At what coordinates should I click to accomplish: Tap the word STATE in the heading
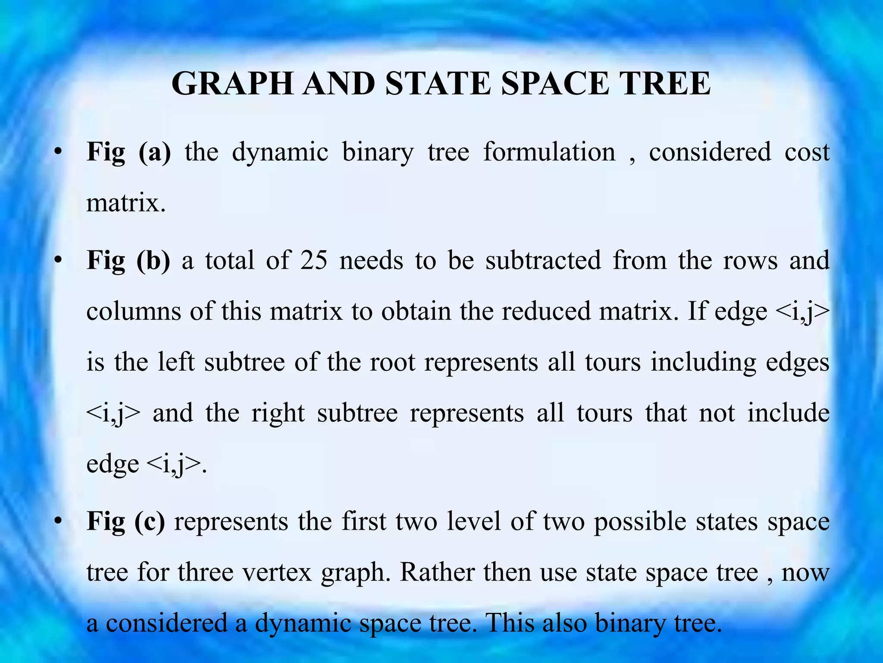[x=438, y=83]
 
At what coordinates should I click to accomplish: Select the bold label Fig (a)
[x=129, y=152]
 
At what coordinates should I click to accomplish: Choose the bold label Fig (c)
[x=126, y=521]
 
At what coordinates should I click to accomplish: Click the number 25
[x=314, y=261]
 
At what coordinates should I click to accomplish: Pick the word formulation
[x=549, y=152]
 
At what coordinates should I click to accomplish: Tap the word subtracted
[x=543, y=261]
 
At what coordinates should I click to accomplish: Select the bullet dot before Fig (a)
[x=58, y=152]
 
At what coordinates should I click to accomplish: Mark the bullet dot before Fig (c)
[x=58, y=521]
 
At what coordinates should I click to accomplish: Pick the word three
[x=205, y=572]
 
